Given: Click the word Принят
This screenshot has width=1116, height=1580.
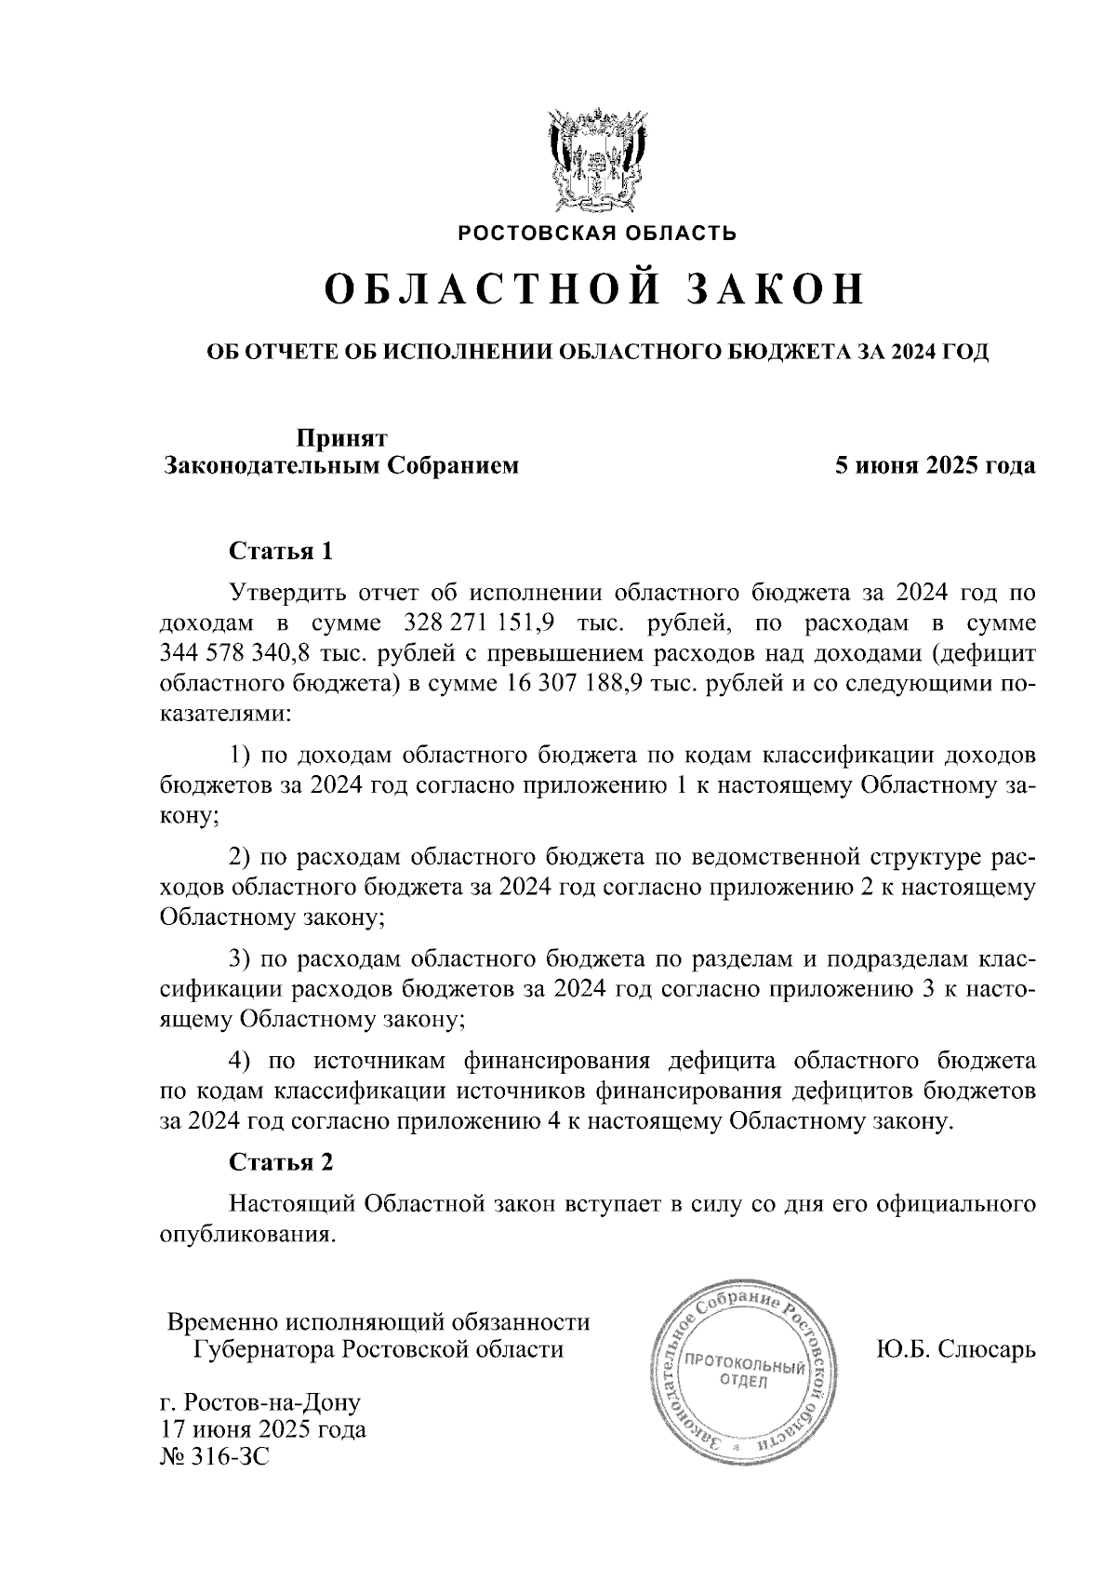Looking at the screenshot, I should [341, 437].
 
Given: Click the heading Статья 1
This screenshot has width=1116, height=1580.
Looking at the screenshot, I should [281, 551].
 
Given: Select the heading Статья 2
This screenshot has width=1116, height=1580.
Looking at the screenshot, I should [281, 1162].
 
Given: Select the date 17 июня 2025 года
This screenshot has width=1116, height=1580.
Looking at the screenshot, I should [263, 1428].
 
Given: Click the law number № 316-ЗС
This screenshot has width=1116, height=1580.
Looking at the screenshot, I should [215, 1456].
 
